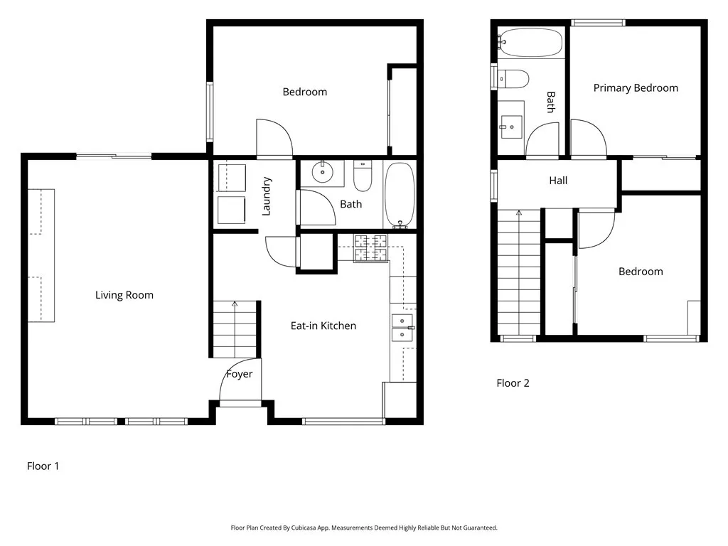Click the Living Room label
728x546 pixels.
[124, 295]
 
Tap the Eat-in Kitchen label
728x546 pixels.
[323, 326]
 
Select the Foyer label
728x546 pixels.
[239, 374]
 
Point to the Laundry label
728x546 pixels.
[267, 196]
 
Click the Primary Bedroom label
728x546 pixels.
[636, 88]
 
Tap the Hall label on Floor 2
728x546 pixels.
[558, 181]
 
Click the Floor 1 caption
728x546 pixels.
[43, 466]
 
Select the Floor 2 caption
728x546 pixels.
[513, 383]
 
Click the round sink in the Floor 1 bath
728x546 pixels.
[322, 172]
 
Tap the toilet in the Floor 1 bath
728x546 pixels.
[363, 176]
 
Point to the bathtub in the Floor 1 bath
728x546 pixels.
[400, 195]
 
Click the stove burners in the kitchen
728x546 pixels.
[370, 248]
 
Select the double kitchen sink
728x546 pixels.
[402, 328]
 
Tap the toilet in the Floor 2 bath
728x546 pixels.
[512, 79]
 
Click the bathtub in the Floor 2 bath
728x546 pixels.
[530, 43]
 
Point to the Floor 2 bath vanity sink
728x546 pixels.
[510, 127]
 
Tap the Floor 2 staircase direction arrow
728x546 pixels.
[519, 272]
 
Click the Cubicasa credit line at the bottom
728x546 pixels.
[364, 528]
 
